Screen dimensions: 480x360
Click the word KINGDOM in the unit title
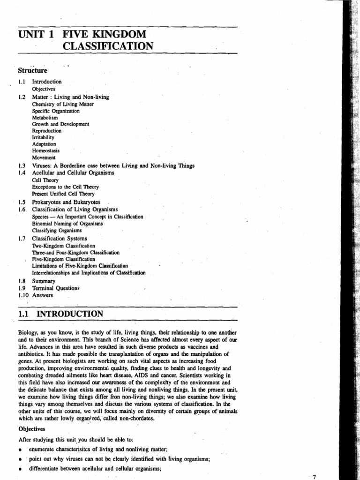point(120,34)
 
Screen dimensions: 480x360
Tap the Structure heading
point(32,71)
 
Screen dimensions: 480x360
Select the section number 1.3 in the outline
point(22,165)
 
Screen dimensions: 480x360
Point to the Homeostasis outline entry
point(46,151)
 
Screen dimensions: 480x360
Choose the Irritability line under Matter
point(44,138)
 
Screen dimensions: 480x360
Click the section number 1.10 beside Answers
point(23,295)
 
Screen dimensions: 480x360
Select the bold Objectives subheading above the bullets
point(33,428)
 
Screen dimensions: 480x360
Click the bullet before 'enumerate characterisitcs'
point(21,449)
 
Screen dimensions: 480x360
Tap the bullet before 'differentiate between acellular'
point(21,469)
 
